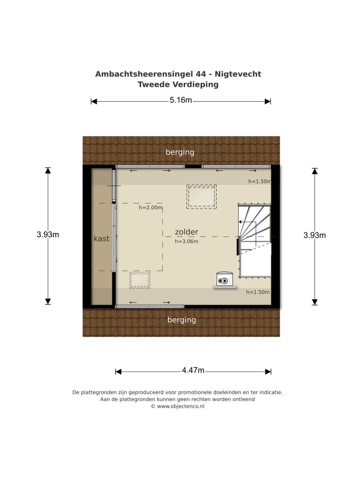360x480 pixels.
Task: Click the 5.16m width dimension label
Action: tap(180, 100)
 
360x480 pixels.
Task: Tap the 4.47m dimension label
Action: tap(193, 370)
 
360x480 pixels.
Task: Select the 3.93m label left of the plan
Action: tap(48, 234)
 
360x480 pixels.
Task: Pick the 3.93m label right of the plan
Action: tap(315, 235)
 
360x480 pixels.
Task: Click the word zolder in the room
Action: tap(187, 232)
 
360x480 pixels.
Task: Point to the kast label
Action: tap(101, 239)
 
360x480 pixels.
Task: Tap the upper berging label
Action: tap(180, 152)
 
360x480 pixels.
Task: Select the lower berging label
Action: tap(181, 320)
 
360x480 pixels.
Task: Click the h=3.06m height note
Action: tap(187, 241)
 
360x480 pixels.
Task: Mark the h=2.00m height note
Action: tap(150, 208)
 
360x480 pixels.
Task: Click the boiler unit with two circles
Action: tap(225, 279)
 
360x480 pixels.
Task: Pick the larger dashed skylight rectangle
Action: tap(202, 197)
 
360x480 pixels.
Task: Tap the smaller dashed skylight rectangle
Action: tap(140, 280)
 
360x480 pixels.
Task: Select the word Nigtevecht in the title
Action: tap(238, 74)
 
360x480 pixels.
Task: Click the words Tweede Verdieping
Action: tap(178, 84)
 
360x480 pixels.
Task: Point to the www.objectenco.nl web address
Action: tap(180, 406)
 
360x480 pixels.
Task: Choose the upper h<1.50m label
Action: tap(260, 181)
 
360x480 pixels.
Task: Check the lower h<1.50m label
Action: tap(258, 292)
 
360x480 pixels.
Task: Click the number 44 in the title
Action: tap(201, 74)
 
